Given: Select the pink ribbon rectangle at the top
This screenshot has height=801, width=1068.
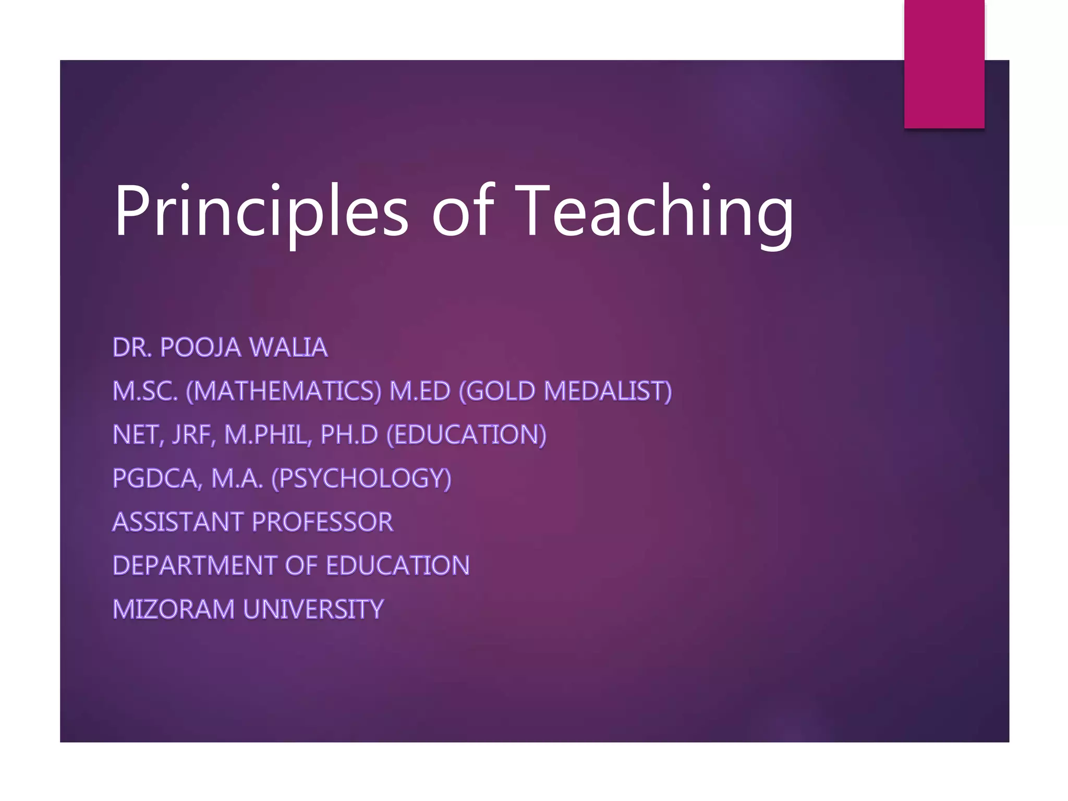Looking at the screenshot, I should coord(944,64).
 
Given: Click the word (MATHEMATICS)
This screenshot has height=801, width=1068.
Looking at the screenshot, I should coord(284,391).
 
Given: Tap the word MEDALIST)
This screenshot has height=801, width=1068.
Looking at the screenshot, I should coord(608,391).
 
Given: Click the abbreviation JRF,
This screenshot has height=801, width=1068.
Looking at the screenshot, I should coord(193,435).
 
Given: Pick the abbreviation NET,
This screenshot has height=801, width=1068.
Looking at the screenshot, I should coord(138,435).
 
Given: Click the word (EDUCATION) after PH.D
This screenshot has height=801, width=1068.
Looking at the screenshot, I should coord(467,435).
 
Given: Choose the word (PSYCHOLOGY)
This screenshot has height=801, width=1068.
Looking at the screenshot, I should coord(361,478).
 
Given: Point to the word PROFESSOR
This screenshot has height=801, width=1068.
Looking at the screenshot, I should coord(323,522).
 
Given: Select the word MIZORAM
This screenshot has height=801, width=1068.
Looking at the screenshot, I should coord(174,609).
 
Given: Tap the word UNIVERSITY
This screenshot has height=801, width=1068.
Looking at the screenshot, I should coord(313,609).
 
